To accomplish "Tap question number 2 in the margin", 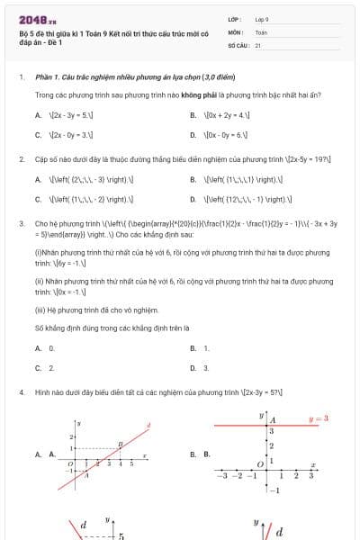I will pos(21,159).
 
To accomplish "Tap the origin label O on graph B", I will pos(261,463).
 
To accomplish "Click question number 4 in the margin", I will pos(21,393).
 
